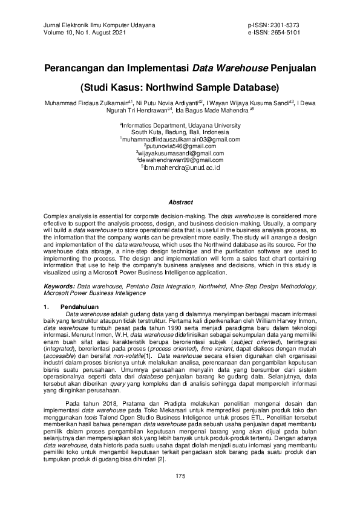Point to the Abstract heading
[x=180, y=202]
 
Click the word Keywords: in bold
[x=59, y=284]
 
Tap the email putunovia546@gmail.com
[x=180, y=146]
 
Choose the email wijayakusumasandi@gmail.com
[x=180, y=154]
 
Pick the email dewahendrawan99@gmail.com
[x=180, y=160]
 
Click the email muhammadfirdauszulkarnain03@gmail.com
[x=180, y=139]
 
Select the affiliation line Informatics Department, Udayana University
[x=180, y=125]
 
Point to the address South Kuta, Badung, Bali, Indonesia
[x=180, y=132]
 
